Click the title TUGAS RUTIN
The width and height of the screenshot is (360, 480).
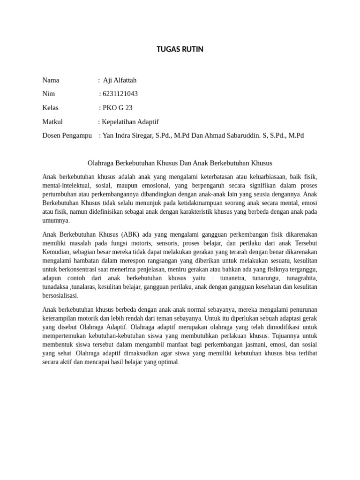(180, 49)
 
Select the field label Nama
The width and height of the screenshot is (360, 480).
(51, 80)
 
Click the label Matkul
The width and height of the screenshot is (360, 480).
(52, 122)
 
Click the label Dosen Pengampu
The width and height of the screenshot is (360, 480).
(67, 135)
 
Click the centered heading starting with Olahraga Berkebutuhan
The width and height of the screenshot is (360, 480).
(180, 163)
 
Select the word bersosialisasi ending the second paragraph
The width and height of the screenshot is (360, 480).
(60, 296)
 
